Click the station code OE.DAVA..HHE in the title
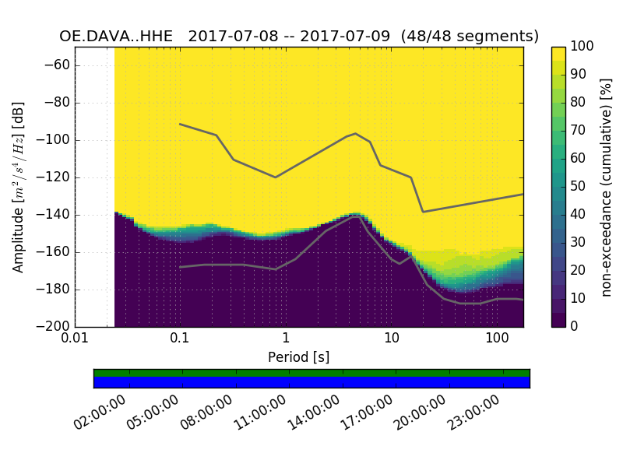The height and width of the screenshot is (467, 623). (120, 37)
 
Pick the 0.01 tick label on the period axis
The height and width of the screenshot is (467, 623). (75, 339)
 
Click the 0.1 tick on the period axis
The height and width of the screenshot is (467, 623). (180, 339)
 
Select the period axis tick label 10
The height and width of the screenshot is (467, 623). (392, 339)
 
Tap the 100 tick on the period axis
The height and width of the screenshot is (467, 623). (497, 339)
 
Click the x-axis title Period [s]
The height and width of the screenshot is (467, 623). (299, 357)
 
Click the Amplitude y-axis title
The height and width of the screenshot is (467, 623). (19, 187)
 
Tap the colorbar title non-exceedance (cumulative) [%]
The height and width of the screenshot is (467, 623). (607, 187)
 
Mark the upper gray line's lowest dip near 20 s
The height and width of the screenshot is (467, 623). (423, 212)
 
